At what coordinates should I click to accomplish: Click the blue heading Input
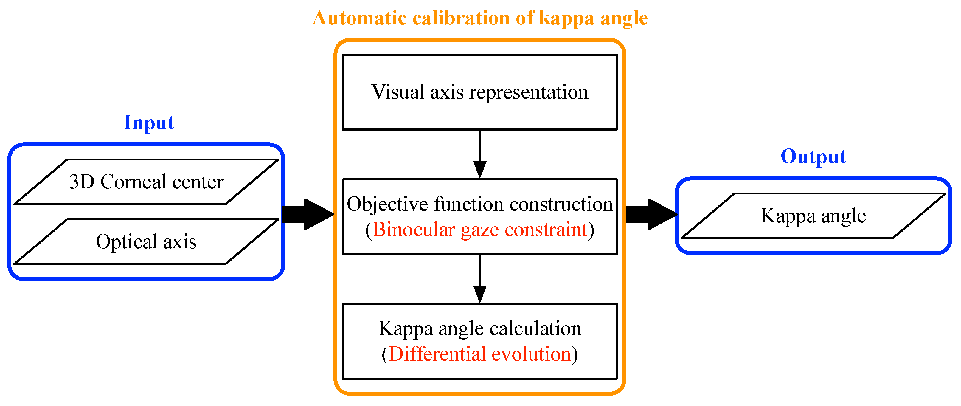click(x=149, y=123)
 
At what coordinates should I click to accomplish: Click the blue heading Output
click(x=813, y=157)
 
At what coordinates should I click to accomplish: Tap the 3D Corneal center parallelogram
click(x=146, y=182)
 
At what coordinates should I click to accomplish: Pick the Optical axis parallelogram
click(x=146, y=242)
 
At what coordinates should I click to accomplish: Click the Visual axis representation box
click(x=480, y=92)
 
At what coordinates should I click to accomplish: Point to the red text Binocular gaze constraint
click(x=480, y=230)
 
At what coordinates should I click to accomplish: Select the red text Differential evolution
click(x=480, y=354)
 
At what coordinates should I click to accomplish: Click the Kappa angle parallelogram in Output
click(x=813, y=216)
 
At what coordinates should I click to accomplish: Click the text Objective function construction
click(x=480, y=204)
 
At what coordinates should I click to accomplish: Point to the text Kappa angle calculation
click(x=480, y=329)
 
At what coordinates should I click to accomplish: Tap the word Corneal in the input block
click(x=133, y=182)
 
